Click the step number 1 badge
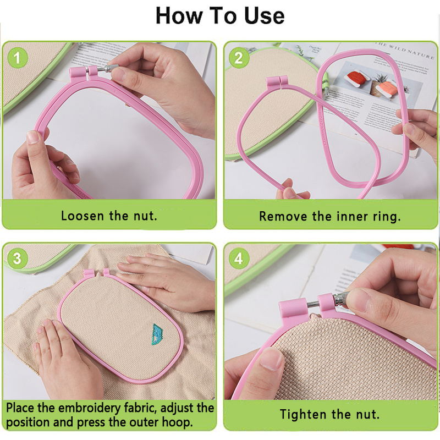click(x=18, y=58)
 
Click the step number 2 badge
click(x=239, y=58)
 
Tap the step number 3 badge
click(x=18, y=258)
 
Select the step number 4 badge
click(x=239, y=258)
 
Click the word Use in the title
click(x=265, y=16)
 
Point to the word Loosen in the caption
click(x=82, y=216)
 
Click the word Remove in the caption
click(x=283, y=216)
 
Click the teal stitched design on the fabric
click(x=158, y=334)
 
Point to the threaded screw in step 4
click(x=312, y=304)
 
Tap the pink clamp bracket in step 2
click(x=277, y=82)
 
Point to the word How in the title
click(x=178, y=16)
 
